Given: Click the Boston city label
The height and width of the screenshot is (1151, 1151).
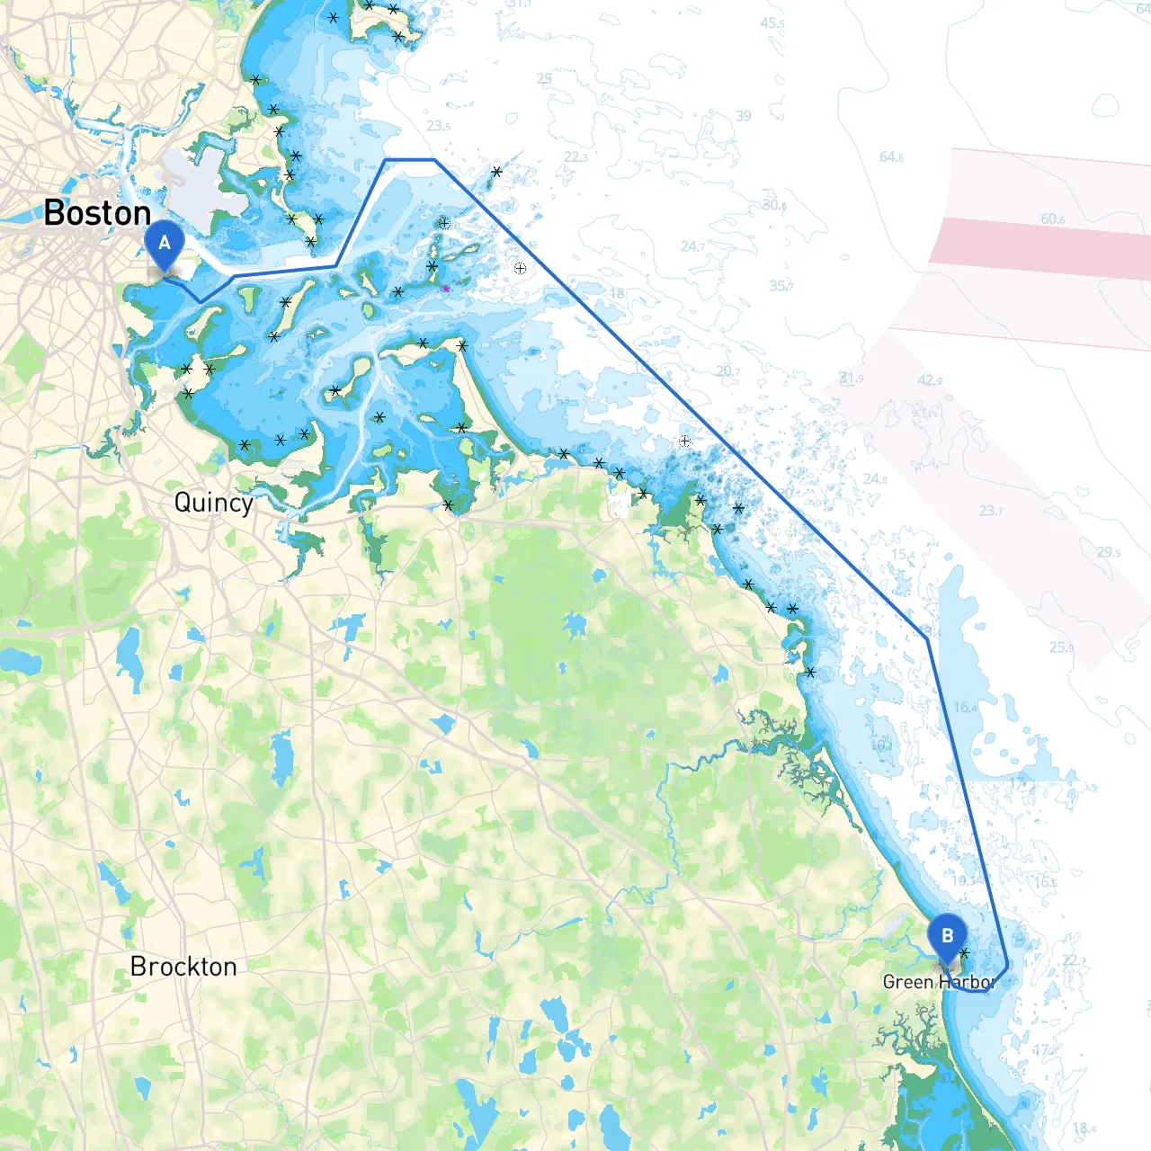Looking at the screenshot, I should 97,213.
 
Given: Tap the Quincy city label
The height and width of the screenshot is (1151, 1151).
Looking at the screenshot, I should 213,502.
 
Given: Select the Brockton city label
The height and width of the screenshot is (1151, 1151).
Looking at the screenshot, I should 183,967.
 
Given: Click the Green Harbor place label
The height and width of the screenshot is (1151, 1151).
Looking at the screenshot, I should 937,982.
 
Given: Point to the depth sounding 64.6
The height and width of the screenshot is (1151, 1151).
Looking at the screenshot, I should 891,157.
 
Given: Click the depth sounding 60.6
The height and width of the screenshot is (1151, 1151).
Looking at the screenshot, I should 1053,219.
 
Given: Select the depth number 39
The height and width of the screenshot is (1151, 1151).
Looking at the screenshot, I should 743,116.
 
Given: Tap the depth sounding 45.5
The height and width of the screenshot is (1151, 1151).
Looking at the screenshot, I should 772,23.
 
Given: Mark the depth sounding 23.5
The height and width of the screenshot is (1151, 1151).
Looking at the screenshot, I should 439,127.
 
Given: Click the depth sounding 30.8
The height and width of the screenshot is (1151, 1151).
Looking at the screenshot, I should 774,205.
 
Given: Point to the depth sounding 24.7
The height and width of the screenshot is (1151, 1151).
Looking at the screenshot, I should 692,246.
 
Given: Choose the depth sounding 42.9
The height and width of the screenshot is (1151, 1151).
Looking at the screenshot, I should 930,380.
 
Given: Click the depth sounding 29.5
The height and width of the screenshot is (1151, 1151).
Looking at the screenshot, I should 1109,552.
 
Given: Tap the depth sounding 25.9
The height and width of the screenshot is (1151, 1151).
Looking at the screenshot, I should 1061,647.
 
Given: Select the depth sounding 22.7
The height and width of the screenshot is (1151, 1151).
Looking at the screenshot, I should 1074,961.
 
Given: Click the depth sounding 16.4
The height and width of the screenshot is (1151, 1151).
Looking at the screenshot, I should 965,708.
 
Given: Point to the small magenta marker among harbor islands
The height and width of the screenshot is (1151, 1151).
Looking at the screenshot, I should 445,289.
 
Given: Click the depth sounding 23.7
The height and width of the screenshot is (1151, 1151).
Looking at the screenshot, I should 991,511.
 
